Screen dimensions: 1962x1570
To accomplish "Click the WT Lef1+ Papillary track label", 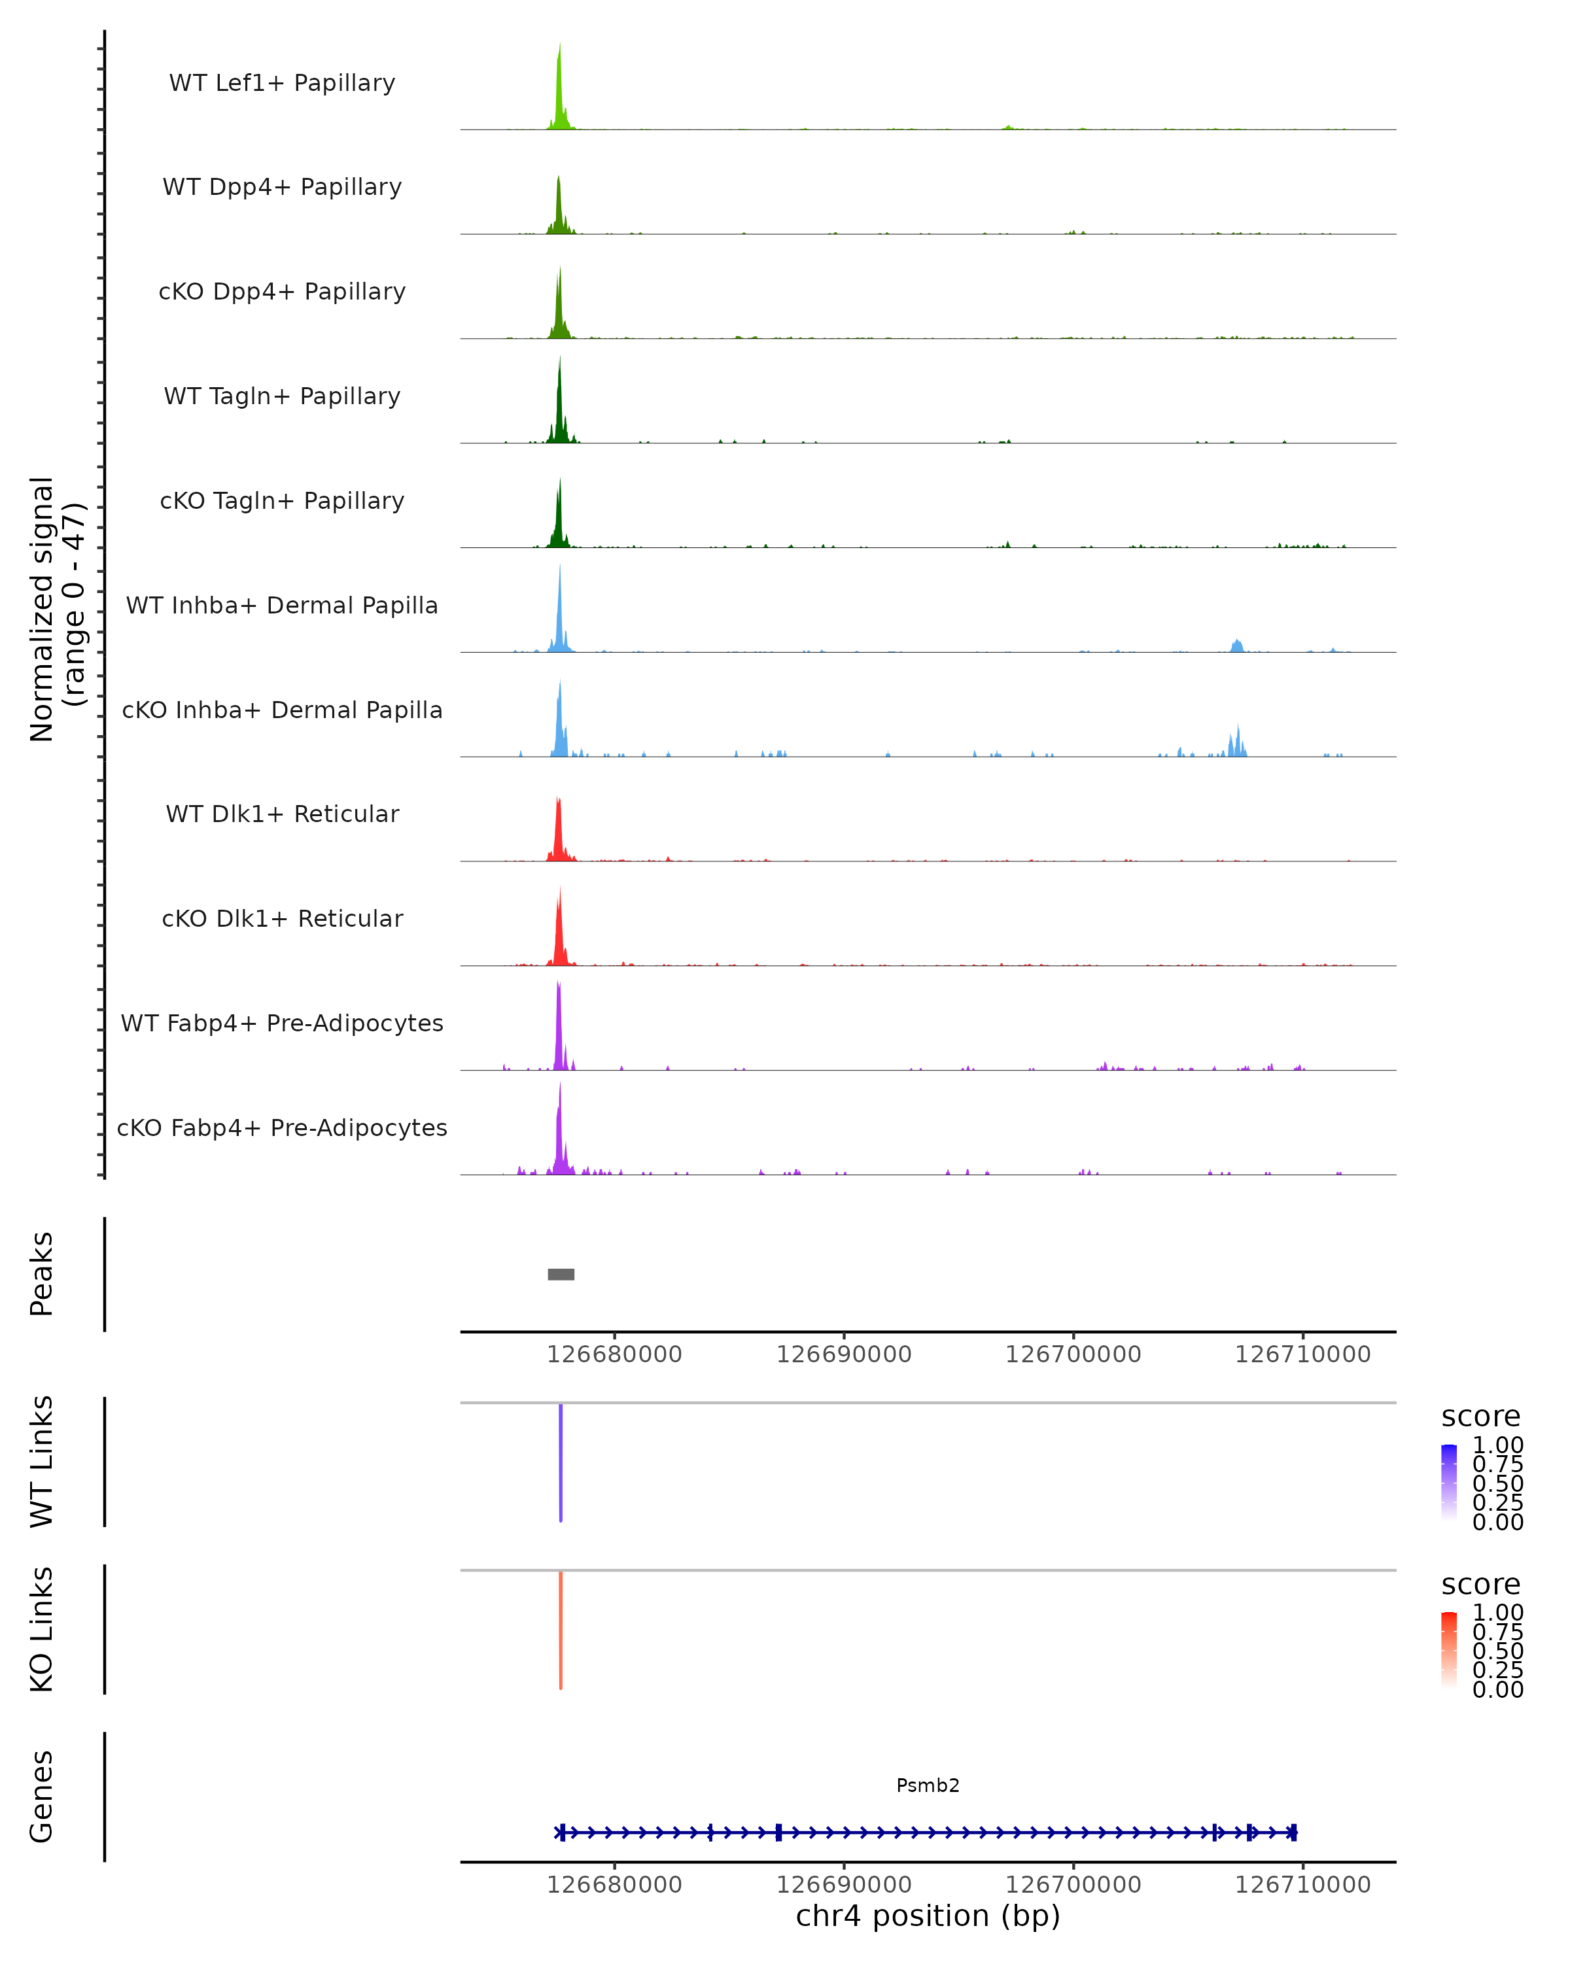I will (x=282, y=83).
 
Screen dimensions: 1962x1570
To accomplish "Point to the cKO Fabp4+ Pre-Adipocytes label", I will (x=282, y=1127).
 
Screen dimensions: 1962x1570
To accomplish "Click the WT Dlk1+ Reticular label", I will (x=282, y=814).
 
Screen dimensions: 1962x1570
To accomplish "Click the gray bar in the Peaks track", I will (x=561, y=1274).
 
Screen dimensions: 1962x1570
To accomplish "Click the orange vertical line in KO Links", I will (x=561, y=1629).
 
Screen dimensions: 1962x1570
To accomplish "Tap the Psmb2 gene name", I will (x=928, y=1785).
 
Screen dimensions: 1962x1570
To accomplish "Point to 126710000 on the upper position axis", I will (x=1302, y=1354).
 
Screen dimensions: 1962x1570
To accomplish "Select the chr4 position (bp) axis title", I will (x=928, y=1916).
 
